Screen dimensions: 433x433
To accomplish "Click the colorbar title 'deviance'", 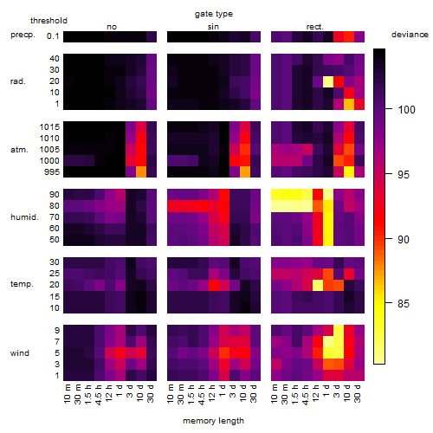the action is pos(410,35).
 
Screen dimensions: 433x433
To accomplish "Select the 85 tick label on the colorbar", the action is pos(404,304).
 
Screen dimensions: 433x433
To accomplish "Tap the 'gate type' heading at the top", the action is pos(214,14).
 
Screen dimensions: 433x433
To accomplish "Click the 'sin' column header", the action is pos(213,27).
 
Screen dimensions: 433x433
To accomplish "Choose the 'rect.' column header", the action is pos(314,27).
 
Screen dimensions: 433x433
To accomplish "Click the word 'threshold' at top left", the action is pos(48,21).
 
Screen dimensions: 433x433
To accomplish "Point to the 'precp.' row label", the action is pos(23,35).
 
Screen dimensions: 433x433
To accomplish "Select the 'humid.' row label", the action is pos(24,217).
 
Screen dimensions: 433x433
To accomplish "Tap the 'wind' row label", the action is pos(20,353).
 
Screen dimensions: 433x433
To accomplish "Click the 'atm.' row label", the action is pos(19,150).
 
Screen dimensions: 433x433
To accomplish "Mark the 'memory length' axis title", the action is pos(213,421).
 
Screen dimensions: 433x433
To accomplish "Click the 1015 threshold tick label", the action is pos(49,127).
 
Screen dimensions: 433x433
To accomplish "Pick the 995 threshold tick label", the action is pos(52,172).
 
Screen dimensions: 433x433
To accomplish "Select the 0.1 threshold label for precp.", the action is pos(53,36).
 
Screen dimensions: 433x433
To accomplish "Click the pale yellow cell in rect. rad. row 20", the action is pos(328,81).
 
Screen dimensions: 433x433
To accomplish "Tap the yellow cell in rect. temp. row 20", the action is pos(318,286).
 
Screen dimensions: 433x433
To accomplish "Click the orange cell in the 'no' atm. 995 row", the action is pos(141,172).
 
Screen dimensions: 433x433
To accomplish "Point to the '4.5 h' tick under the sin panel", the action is pos(203,395).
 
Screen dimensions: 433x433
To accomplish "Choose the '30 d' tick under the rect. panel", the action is pos(358,393).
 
